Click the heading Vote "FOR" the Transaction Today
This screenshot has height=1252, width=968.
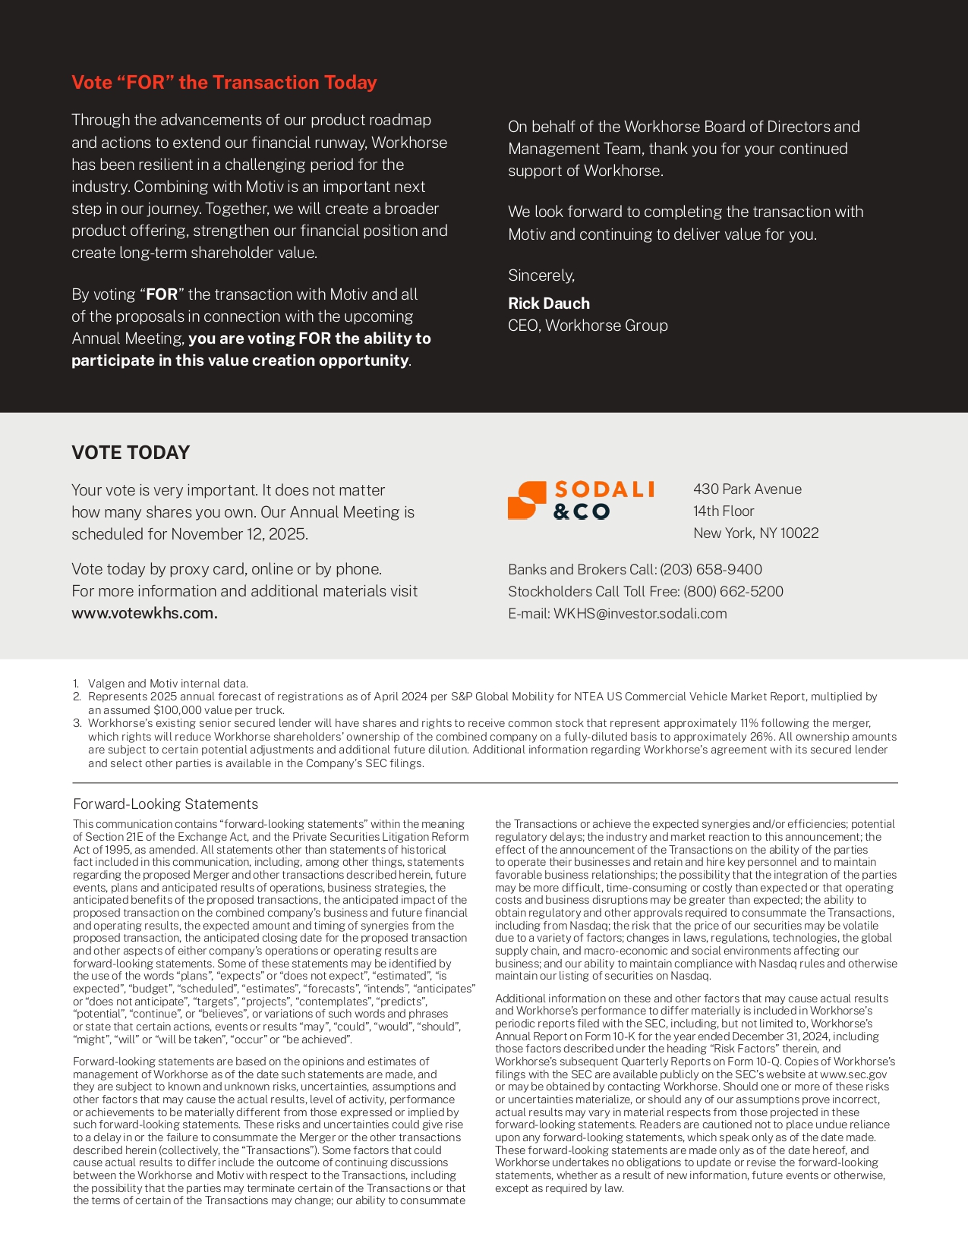(x=224, y=83)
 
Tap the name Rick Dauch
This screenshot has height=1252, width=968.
(x=549, y=304)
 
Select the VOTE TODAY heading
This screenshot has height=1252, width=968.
(x=131, y=453)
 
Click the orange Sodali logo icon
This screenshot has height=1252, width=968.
(x=527, y=501)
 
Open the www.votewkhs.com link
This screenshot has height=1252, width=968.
(x=144, y=613)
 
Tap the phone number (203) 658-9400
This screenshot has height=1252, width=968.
(x=711, y=570)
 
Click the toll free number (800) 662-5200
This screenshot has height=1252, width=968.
(x=733, y=592)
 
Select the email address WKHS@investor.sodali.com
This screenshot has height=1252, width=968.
(x=640, y=614)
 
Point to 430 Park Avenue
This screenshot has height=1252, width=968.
(x=747, y=489)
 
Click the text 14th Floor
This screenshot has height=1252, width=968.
(x=724, y=511)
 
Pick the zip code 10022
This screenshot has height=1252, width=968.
(x=799, y=533)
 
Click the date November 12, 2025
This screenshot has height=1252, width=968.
(x=238, y=534)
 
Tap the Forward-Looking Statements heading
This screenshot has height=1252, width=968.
(x=166, y=804)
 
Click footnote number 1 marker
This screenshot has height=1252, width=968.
(x=76, y=684)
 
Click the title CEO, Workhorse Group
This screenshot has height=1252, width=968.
(x=588, y=326)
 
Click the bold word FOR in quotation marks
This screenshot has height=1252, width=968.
(x=162, y=294)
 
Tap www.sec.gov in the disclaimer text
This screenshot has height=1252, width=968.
(x=853, y=1074)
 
